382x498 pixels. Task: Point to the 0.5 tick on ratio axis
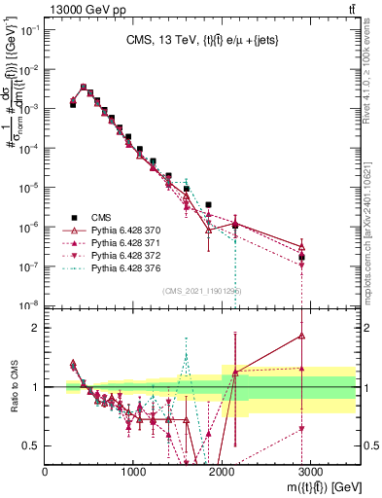click(33, 445)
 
